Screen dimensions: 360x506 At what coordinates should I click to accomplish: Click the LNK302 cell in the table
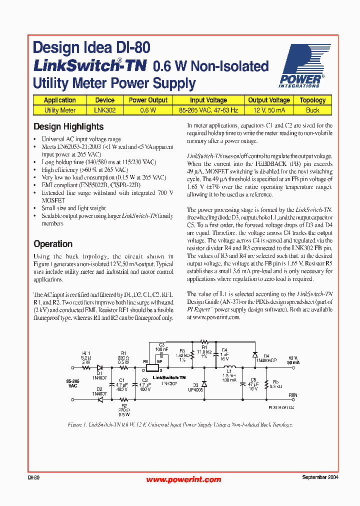click(104, 110)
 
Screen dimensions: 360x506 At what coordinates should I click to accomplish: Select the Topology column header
click(312, 100)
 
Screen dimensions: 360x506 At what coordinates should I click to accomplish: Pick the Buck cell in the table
click(312, 110)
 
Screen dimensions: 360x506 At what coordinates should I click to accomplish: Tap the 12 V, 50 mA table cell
click(269, 110)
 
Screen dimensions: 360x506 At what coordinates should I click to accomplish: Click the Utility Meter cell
click(60, 110)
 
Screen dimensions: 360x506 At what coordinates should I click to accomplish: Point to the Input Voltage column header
click(208, 100)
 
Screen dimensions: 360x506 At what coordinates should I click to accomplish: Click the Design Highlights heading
click(68, 126)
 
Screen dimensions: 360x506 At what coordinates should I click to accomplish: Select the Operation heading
click(53, 244)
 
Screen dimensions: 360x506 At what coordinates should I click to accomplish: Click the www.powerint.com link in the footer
click(183, 479)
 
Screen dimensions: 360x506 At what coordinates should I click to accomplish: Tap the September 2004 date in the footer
click(320, 477)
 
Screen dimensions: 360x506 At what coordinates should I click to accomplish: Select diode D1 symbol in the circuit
click(99, 367)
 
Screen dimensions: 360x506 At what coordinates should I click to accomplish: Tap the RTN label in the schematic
click(292, 395)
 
